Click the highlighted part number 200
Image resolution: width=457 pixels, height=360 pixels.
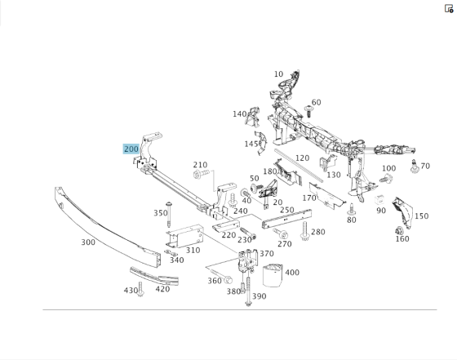[131, 149]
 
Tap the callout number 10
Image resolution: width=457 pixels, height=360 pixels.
[278, 74]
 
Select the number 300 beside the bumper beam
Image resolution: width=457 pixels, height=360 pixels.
[88, 242]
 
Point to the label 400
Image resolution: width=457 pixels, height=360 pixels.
[292, 273]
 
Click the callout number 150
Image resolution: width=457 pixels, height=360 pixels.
[421, 216]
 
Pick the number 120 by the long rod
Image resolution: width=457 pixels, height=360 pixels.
[302, 158]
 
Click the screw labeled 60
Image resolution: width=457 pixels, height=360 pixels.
[308, 111]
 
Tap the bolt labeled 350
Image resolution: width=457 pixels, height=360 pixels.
[168, 214]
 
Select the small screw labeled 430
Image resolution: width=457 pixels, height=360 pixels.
[140, 289]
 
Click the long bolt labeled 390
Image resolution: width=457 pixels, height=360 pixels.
[248, 291]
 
